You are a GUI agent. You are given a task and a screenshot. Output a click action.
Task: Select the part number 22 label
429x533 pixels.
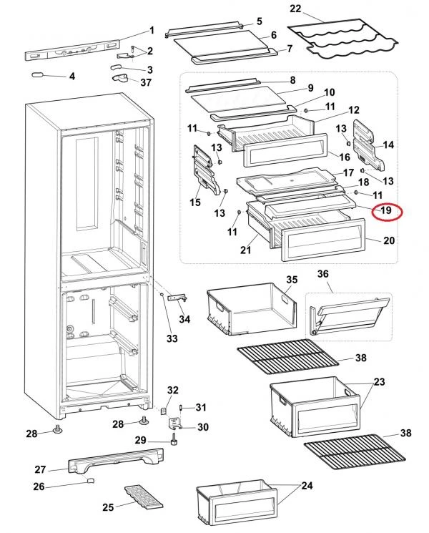(295, 9)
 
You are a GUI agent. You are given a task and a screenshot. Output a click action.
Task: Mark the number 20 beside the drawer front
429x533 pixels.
(388, 241)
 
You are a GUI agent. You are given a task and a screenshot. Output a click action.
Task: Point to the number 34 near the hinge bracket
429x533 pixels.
(184, 318)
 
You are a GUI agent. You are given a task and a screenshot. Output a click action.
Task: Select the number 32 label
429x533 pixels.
(172, 390)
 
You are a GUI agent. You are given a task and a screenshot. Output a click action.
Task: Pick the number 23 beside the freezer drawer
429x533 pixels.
(378, 381)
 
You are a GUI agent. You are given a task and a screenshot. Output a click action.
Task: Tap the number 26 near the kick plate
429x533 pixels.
(39, 486)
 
